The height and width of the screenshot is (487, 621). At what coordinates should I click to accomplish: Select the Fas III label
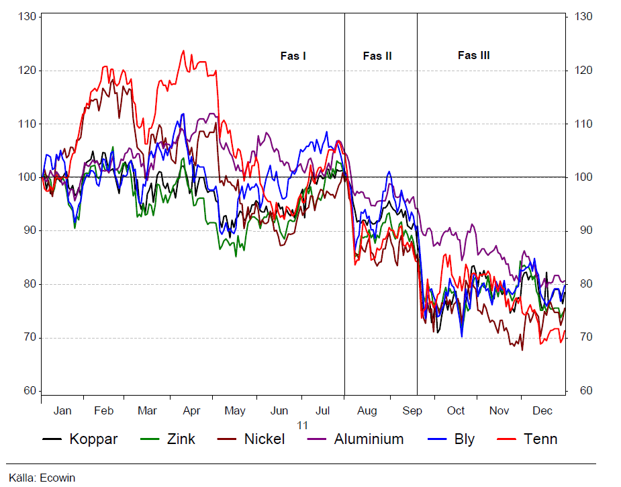(x=473, y=56)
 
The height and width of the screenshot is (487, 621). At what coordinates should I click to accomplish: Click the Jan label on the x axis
(x=62, y=411)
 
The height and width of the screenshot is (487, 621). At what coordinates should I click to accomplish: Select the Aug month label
(x=367, y=411)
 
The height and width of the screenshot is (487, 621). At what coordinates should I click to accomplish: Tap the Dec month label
(x=542, y=411)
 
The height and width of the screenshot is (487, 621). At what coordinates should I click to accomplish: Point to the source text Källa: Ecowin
(x=42, y=478)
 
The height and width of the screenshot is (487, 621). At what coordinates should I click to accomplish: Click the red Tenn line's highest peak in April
(x=183, y=50)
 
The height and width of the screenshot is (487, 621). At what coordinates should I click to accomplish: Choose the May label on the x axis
(x=234, y=411)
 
